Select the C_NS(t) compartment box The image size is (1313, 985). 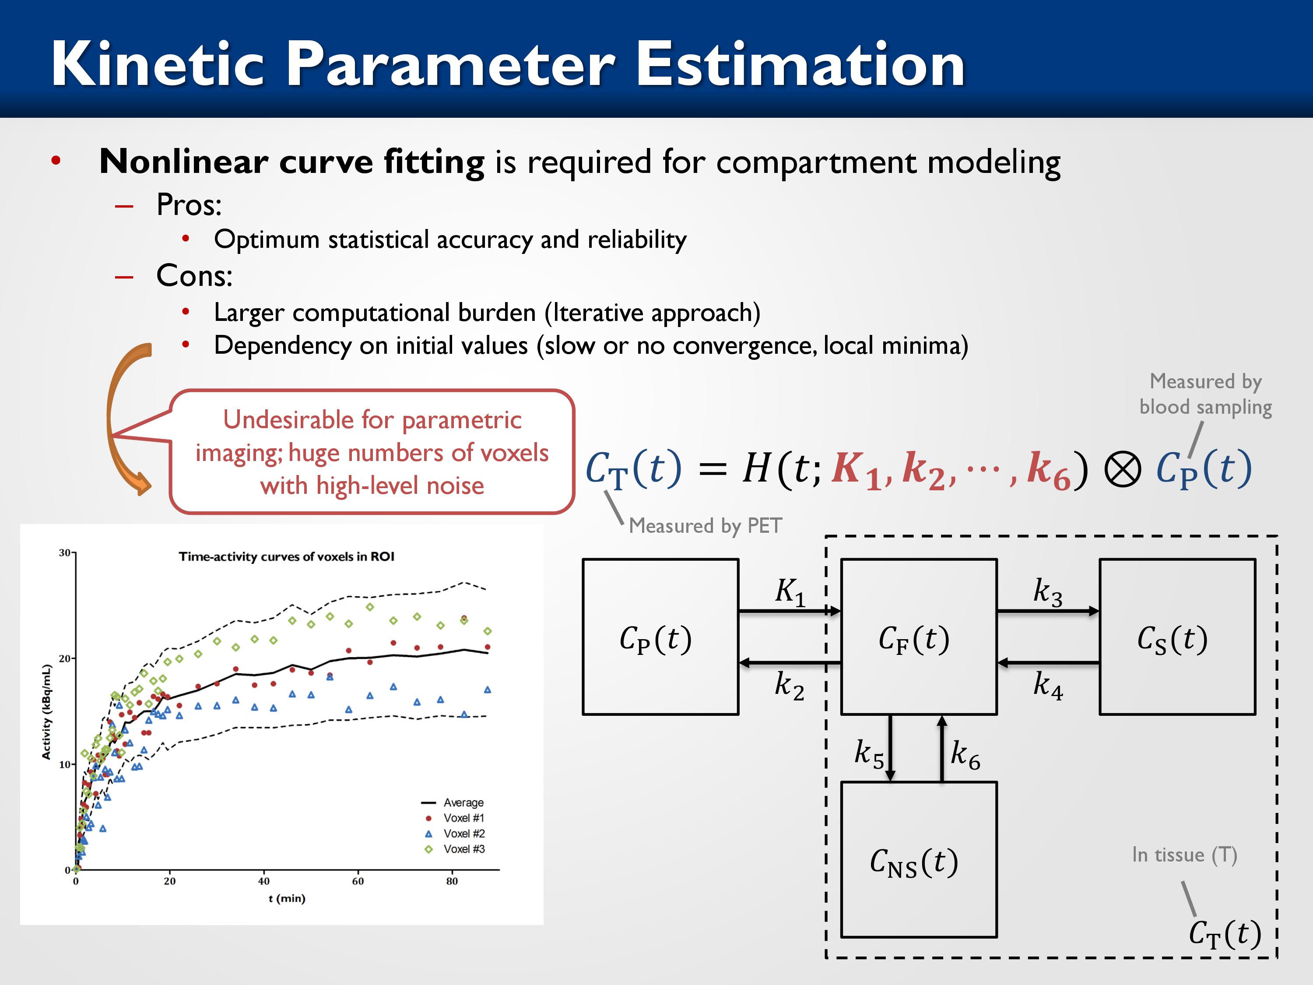(919, 860)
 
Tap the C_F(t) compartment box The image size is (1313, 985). (919, 637)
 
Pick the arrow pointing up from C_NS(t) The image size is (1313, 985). (941, 749)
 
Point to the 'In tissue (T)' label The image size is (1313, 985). (1184, 855)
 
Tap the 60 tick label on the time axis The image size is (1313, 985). (358, 881)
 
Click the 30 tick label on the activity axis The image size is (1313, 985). (64, 553)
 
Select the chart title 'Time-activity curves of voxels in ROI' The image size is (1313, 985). (287, 556)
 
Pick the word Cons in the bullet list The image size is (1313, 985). (194, 275)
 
